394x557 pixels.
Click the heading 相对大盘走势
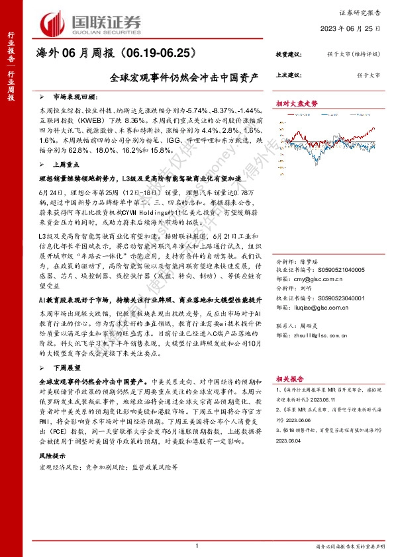297,104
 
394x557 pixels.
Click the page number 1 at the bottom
197,544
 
